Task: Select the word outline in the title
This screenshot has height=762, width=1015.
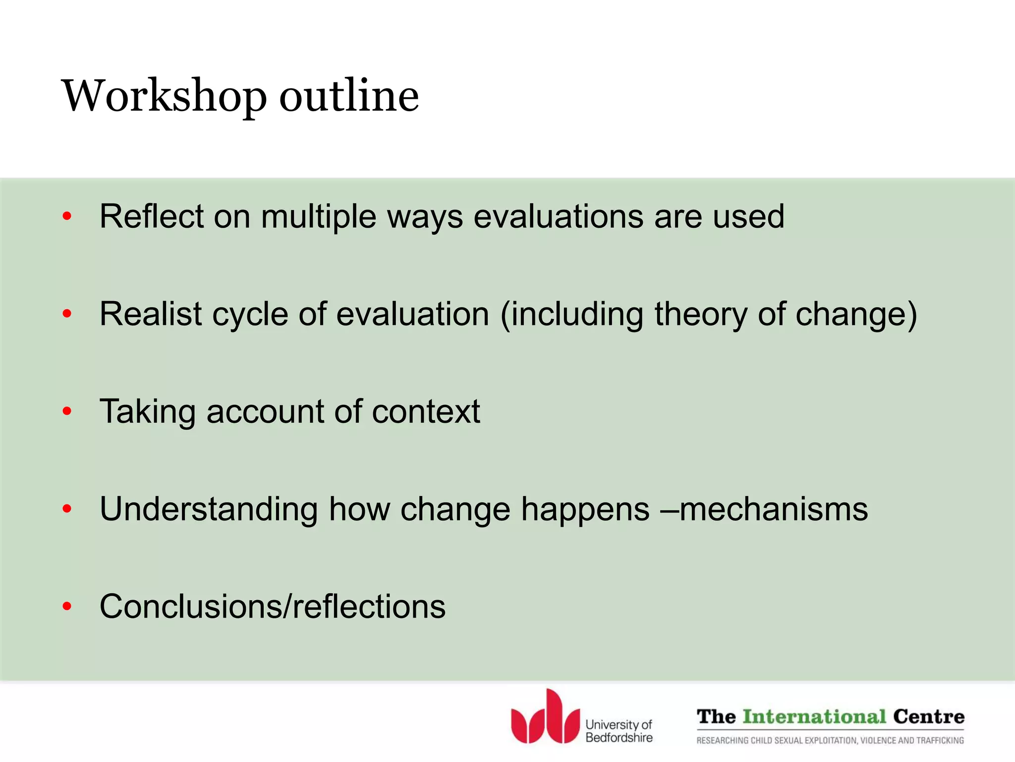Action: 349,95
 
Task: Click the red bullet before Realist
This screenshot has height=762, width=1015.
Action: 67,314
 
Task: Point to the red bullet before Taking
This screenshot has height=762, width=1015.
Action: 67,411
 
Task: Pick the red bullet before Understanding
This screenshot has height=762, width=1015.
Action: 67,508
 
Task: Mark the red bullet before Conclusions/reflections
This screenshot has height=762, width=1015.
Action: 67,606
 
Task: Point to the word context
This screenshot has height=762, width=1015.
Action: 426,412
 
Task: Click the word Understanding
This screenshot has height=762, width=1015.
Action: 209,509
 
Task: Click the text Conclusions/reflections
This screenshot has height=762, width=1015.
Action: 273,606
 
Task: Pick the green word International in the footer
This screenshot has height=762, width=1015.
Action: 814,717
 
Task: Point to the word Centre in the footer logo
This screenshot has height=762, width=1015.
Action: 929,717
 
